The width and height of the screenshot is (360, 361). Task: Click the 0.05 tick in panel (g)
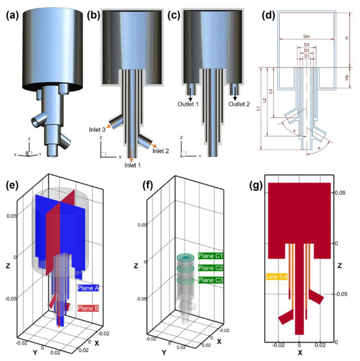click(x=345, y=193)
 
